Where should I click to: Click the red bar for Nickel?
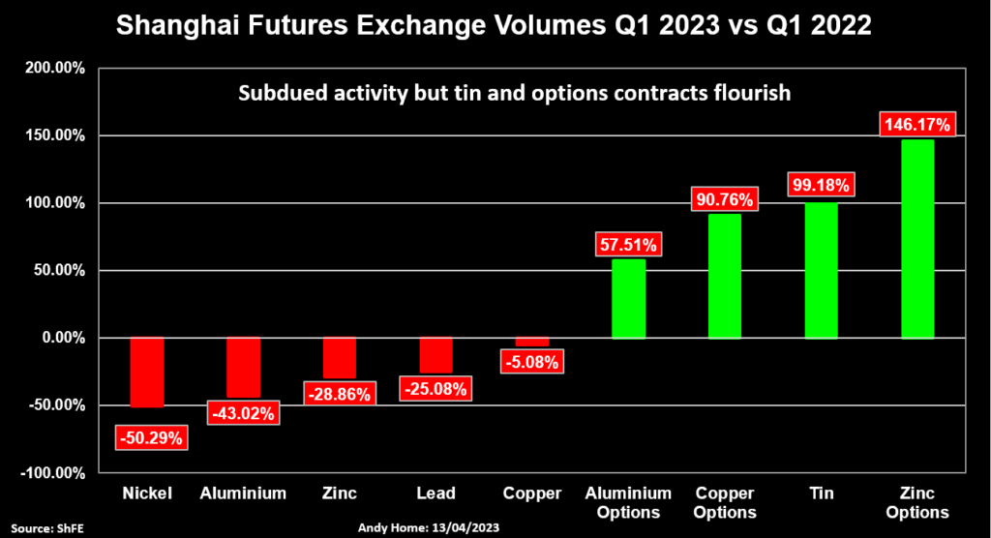click(148, 373)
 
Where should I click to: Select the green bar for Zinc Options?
click(918, 239)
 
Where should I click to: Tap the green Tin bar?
click(822, 271)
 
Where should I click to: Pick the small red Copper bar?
click(531, 342)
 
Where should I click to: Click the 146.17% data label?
click(918, 125)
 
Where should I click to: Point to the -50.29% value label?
click(149, 437)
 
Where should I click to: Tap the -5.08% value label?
click(531, 364)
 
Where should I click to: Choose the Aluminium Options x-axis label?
click(628, 502)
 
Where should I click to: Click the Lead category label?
click(435, 493)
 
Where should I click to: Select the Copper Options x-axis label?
click(725, 502)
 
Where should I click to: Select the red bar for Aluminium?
click(243, 368)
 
